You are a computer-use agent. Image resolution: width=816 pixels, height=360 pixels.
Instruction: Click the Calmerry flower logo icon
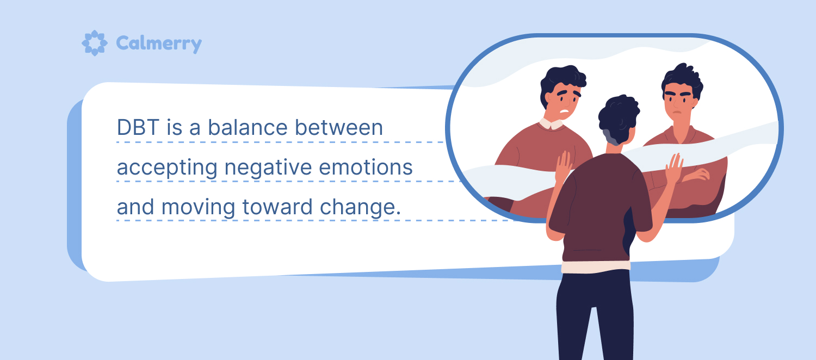click(x=94, y=43)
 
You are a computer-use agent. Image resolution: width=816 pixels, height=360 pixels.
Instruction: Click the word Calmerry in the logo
click(x=159, y=44)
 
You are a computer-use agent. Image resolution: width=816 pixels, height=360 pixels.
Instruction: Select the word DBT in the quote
click(x=138, y=127)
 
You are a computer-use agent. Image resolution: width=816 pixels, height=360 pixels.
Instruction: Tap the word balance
click(x=248, y=127)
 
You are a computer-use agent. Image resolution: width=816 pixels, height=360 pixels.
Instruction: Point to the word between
click(x=339, y=127)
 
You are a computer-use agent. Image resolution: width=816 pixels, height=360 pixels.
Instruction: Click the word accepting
click(x=167, y=168)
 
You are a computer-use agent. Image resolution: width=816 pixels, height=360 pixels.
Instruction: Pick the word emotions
click(x=366, y=167)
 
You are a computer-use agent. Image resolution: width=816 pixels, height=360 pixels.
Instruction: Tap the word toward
click(x=277, y=207)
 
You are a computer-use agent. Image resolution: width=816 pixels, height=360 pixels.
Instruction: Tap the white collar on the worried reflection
click(x=551, y=124)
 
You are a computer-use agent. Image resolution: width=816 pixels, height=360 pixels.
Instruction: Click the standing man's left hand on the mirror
click(x=564, y=167)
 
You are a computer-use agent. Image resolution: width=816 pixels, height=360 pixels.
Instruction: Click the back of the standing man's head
click(x=619, y=119)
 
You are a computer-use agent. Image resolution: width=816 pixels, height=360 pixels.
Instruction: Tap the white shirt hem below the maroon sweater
click(x=596, y=267)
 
